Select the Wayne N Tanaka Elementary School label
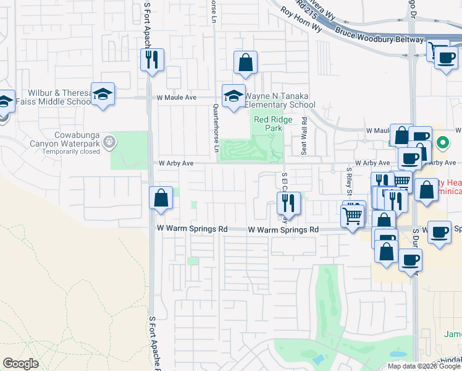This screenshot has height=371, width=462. coord(280,100)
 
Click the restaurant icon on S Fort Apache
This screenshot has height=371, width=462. coord(151,60)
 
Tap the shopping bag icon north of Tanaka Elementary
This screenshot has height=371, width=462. coord(245,62)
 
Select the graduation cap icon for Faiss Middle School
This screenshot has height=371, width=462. coord(103,94)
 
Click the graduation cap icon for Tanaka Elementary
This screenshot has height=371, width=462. coord(233,96)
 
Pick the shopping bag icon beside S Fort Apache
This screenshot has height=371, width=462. coord(161,198)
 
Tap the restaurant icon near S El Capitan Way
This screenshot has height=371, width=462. coord(288,203)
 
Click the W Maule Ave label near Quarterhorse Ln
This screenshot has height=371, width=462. coord(176,98)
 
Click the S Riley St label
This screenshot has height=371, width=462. coord(348,180)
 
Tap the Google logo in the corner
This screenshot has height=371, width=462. coord(21,364)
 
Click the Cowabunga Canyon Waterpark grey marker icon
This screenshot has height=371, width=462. coord(110,142)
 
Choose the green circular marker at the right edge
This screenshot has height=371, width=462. coord(442,143)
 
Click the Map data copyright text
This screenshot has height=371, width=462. coord(424,366)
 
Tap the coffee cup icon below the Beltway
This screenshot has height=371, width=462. coord(446,59)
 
